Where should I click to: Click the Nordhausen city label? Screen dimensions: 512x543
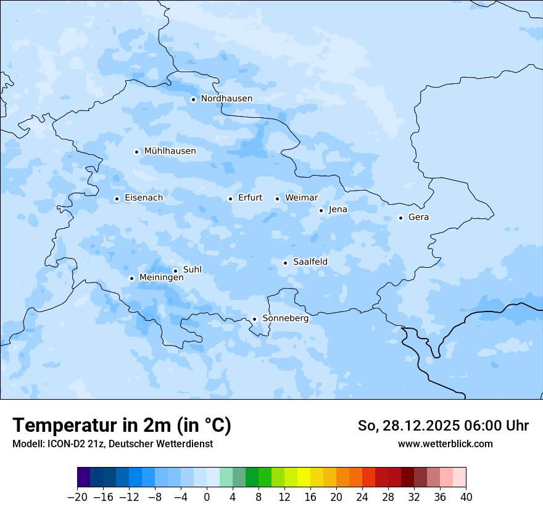pyautogui.click(x=226, y=99)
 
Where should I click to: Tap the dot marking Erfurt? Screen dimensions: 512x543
pyautogui.click(x=230, y=199)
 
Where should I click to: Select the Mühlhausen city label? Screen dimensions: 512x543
pyautogui.click(x=170, y=151)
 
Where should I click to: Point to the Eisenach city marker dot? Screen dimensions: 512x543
pyautogui.click(x=117, y=199)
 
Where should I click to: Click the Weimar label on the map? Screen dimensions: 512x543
pyautogui.click(x=301, y=198)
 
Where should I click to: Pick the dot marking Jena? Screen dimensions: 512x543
pyautogui.click(x=321, y=210)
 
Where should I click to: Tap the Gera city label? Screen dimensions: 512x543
pyautogui.click(x=418, y=217)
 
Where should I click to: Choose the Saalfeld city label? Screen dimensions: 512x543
pyautogui.click(x=310, y=262)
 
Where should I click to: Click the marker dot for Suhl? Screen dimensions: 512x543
pyautogui.click(x=175, y=271)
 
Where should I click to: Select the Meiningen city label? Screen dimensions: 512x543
pyautogui.click(x=161, y=278)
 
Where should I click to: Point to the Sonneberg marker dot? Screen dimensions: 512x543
pyautogui.click(x=254, y=320)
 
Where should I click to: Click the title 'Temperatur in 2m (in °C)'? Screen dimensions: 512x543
pyautogui.click(x=122, y=425)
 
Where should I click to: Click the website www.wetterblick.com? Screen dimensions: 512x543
pyautogui.click(x=445, y=444)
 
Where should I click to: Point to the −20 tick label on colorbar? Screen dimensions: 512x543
pyautogui.click(x=77, y=497)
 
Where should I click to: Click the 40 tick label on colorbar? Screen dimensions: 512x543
pyautogui.click(x=466, y=497)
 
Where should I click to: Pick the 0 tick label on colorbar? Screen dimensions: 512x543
pyautogui.click(x=207, y=497)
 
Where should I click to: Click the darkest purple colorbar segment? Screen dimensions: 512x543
pyautogui.click(x=84, y=477)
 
